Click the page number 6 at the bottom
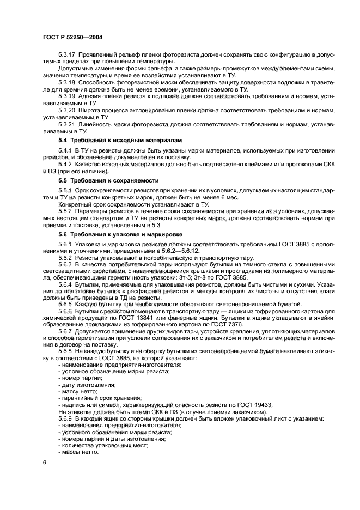pyautogui.click(x=44, y=462)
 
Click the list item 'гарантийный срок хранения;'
pyautogui.click(x=97, y=398)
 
